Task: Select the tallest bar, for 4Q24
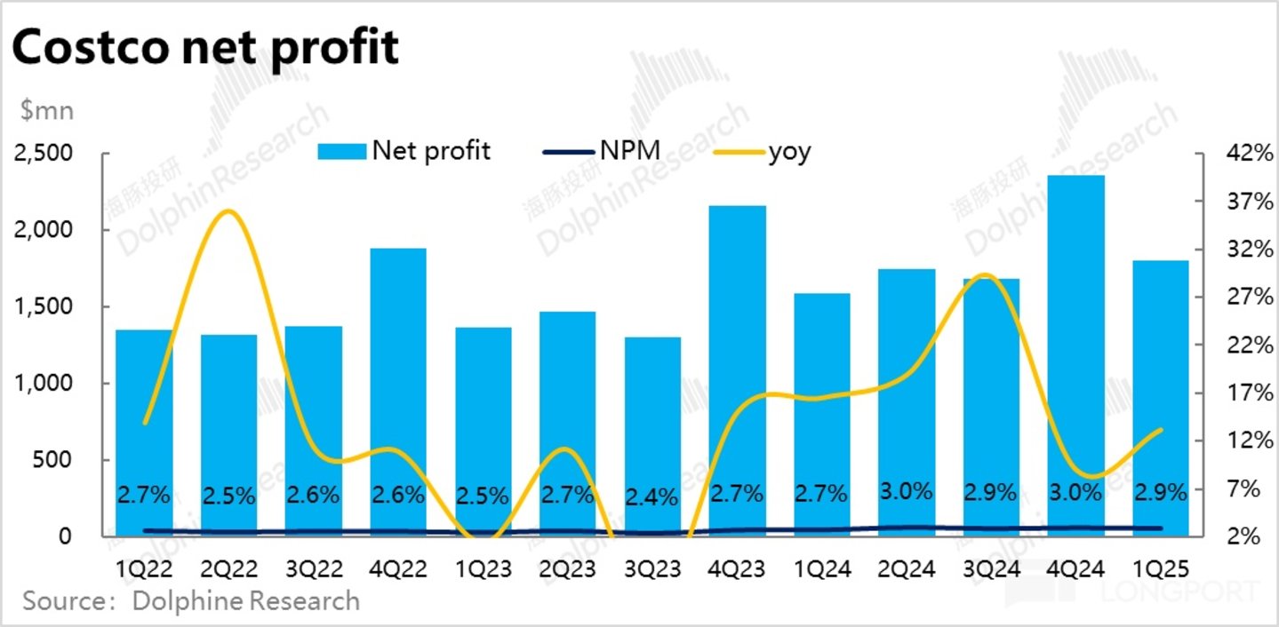pos(1075,355)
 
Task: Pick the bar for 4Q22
pos(398,392)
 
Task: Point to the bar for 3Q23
pos(652,436)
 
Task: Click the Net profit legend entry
pos(404,151)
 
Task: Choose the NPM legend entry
pos(603,151)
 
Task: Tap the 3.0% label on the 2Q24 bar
pos(906,491)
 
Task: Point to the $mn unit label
pos(47,111)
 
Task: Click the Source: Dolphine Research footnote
pos(191,601)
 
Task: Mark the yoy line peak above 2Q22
pos(228,210)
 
